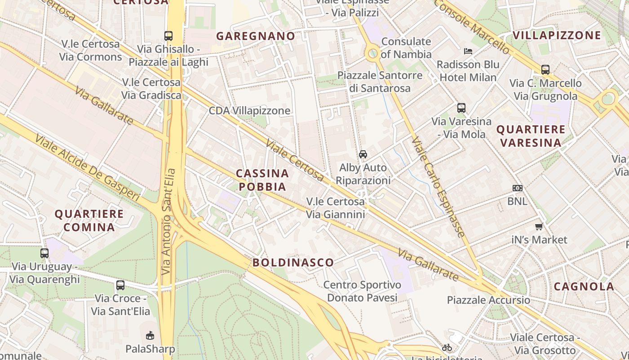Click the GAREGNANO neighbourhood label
point(256,36)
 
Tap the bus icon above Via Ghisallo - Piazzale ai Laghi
point(168,36)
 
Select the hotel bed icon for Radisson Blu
point(468,51)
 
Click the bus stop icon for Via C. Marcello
point(545,70)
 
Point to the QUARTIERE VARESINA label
point(531,136)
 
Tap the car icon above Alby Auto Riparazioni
point(363,154)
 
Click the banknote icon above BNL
point(518,188)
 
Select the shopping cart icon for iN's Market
point(539,226)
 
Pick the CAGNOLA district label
point(584,286)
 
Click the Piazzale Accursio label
point(488,300)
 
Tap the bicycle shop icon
point(447,347)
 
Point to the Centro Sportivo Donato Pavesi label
point(362,291)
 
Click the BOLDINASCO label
point(293,262)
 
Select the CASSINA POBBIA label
point(262,180)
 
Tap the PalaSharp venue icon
point(150,335)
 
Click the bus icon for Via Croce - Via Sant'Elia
point(120,285)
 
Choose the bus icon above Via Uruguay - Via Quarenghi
point(44,253)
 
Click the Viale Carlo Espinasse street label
point(438,187)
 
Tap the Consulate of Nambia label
point(406,48)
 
